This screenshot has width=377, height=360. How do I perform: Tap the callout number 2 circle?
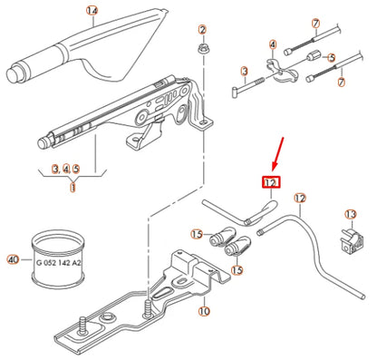click(201, 31)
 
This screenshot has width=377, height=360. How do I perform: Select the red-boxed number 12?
click(270, 182)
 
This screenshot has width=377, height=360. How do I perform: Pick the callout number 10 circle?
click(204, 311)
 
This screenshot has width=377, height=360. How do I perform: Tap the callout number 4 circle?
click(272, 43)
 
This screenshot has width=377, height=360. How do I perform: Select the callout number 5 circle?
click(332, 56)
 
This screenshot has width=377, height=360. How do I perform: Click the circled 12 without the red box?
click(301, 199)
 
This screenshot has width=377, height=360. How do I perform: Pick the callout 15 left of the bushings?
click(196, 235)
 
